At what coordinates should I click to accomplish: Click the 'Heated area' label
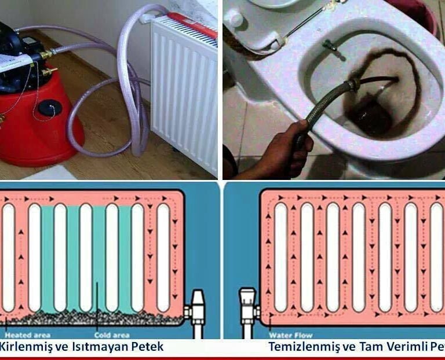(27, 335)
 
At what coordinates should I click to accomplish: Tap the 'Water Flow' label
(286, 335)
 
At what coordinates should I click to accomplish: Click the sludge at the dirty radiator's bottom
(87, 318)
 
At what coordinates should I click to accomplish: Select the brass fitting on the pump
(45, 56)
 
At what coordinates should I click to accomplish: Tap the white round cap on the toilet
(234, 19)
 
